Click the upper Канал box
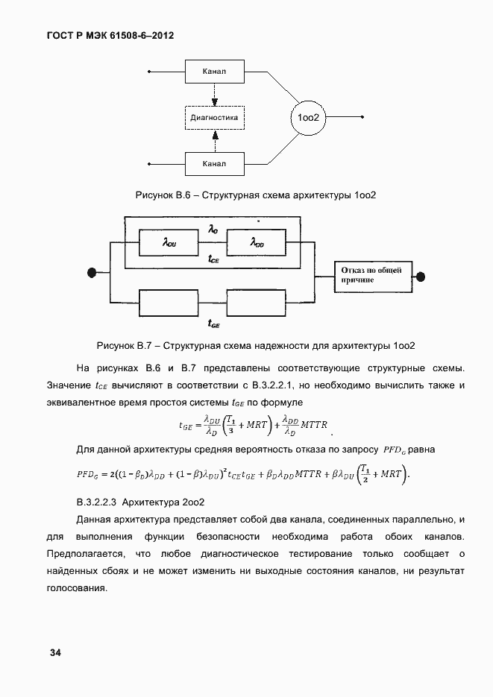(214, 72)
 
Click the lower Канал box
(214, 163)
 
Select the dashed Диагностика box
(214, 118)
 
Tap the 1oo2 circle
(308, 118)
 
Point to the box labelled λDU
(169, 242)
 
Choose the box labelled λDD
(257, 242)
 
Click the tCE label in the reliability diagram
(213, 259)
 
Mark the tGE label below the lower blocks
(213, 325)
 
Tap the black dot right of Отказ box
(421, 275)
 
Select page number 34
(55, 653)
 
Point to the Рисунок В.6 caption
(256, 195)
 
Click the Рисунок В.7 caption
(256, 346)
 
